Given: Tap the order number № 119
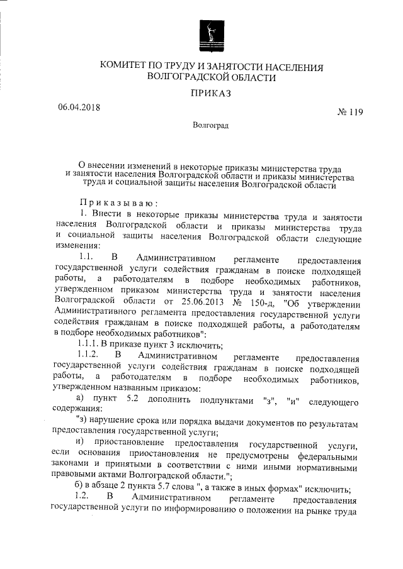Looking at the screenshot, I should (x=351, y=113).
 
